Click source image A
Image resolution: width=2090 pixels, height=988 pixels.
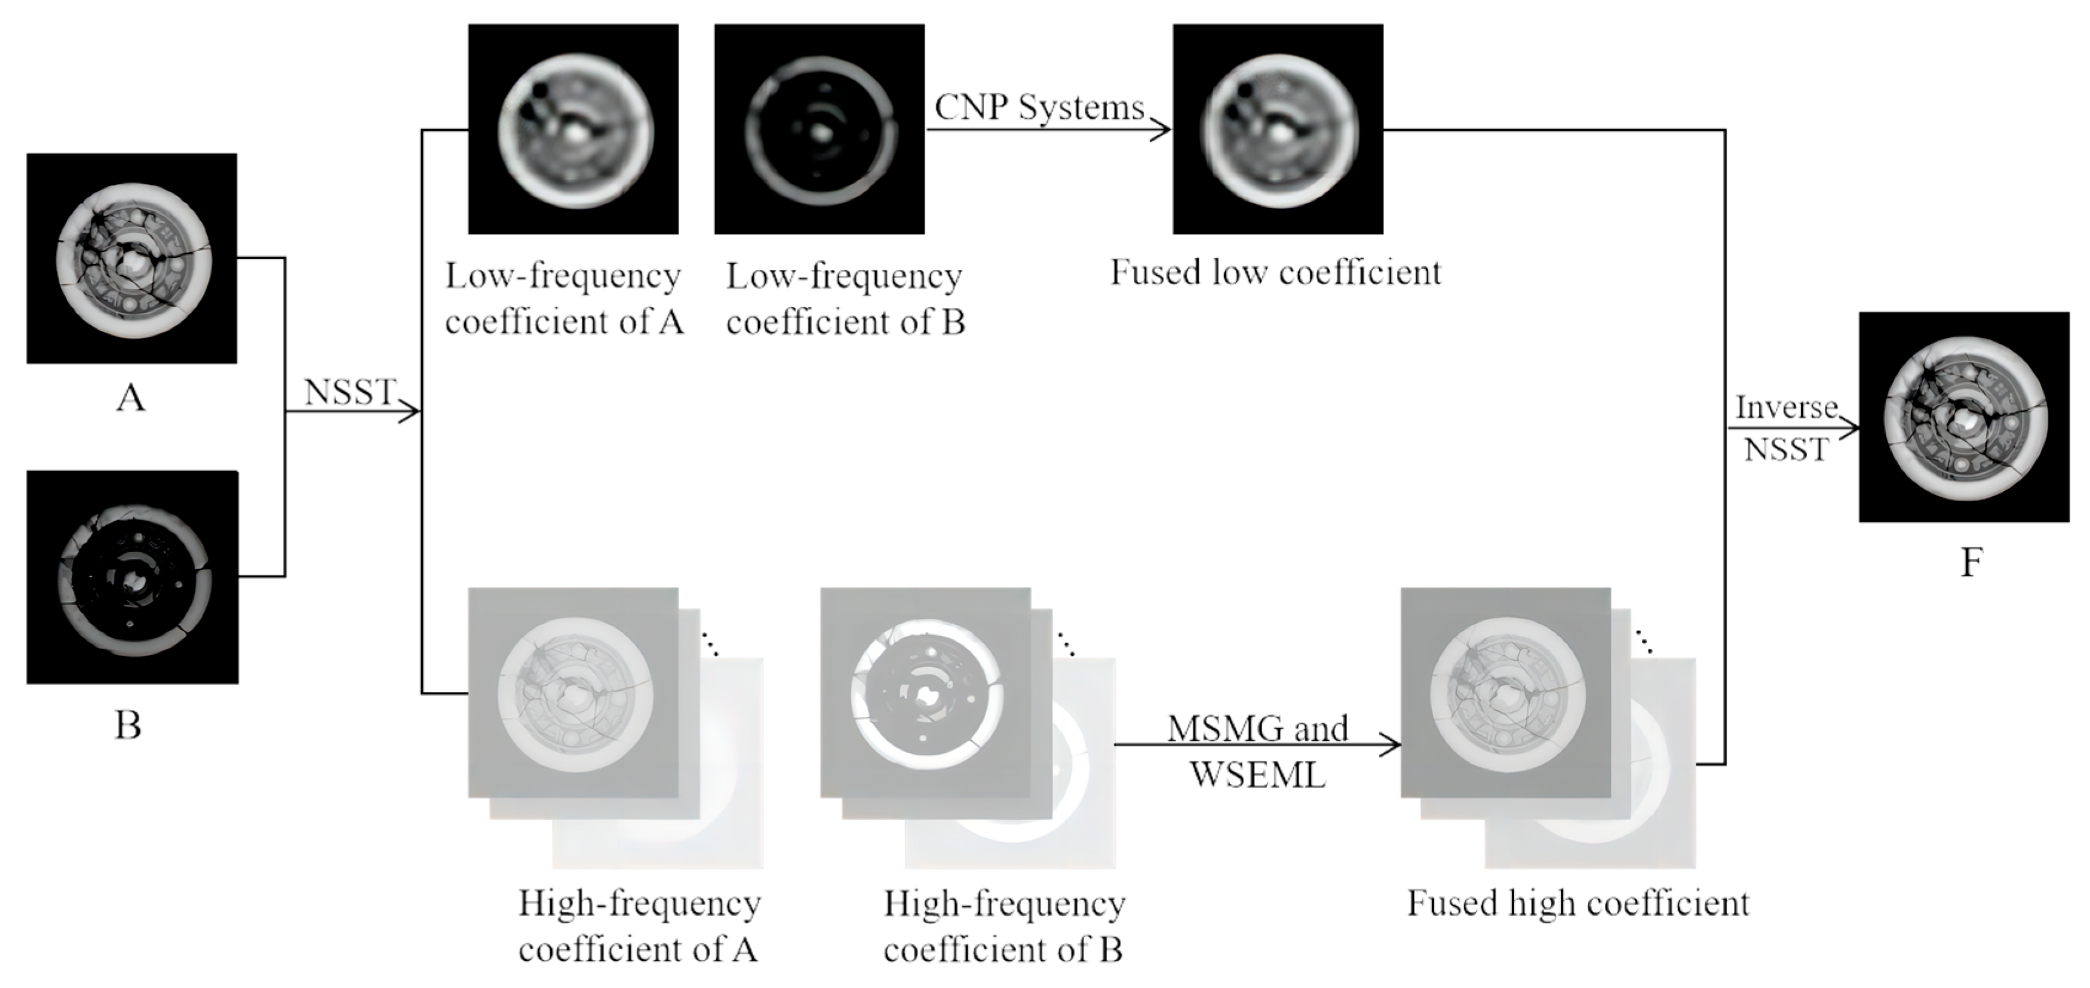point(131,258)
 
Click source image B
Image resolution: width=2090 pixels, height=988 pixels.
point(132,577)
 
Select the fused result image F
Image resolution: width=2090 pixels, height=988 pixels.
point(1964,417)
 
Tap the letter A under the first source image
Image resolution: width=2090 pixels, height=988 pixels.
point(131,398)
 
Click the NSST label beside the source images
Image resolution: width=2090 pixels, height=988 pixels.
point(349,393)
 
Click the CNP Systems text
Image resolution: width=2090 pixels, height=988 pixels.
point(1039,107)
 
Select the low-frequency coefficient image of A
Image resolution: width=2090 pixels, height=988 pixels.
point(573,129)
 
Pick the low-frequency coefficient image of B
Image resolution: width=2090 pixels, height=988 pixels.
point(820,129)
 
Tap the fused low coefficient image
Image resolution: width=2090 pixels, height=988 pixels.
point(1278,129)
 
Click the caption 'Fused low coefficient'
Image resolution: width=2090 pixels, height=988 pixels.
point(1275,273)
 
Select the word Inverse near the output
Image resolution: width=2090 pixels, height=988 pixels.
point(1786,407)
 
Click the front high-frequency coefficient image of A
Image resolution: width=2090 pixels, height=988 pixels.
point(573,692)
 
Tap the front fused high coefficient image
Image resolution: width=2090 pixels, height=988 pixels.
point(1506,692)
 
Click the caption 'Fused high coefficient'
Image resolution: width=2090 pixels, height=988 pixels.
point(1578,903)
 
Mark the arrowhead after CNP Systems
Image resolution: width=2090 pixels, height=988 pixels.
point(1162,129)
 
